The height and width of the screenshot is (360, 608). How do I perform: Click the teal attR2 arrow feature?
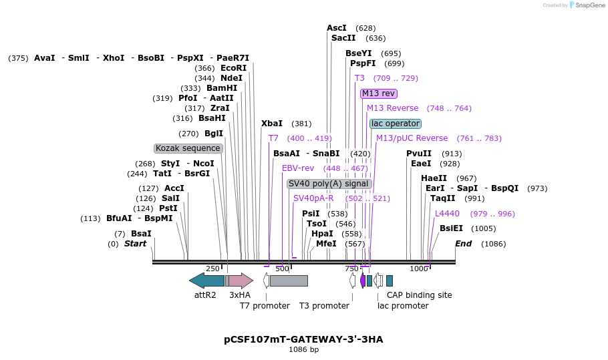coord(206,281)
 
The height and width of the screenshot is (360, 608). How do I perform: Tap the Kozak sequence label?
coord(188,148)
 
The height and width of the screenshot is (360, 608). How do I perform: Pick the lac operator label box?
coord(396,124)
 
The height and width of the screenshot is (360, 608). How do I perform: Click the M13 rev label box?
coord(379,94)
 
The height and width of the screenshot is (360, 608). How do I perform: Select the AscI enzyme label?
coord(337,28)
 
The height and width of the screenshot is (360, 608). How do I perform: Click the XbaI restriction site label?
coord(272,124)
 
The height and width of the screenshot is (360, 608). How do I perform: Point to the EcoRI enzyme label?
coord(233,68)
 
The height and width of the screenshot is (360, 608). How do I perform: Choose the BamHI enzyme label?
coord(222,88)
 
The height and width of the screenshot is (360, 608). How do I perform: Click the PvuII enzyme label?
coord(419,154)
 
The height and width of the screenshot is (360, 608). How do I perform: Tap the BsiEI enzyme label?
coord(451,228)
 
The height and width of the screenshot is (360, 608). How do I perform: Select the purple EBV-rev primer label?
coord(298,168)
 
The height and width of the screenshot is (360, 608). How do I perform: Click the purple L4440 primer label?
coord(447,214)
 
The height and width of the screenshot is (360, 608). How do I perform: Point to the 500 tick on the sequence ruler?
coord(283,268)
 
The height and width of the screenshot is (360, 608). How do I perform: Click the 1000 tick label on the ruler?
coord(418,268)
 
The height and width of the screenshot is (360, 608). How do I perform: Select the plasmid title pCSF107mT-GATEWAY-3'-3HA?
coord(303,339)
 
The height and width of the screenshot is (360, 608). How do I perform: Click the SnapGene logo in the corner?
coord(586,5)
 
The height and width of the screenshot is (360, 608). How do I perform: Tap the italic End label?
coord(463,244)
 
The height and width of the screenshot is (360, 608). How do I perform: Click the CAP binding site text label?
coord(419,295)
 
